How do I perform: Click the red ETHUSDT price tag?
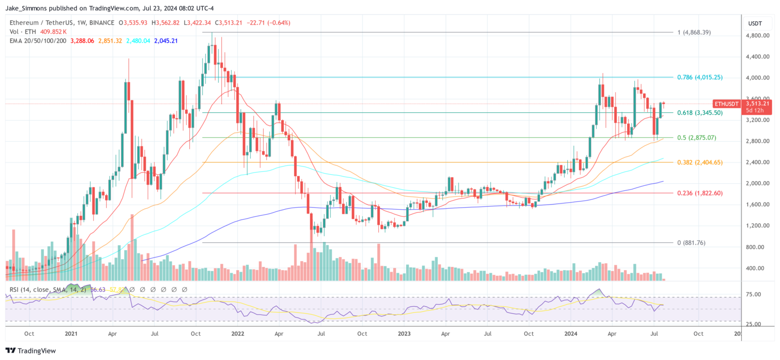pyautogui.click(x=726, y=104)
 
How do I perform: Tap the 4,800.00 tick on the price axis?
pyautogui.click(x=757, y=36)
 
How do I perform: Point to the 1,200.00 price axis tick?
pyautogui.click(x=757, y=225)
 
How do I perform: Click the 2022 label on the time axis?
pyautogui.click(x=237, y=334)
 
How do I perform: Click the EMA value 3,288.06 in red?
pyautogui.click(x=81, y=40)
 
